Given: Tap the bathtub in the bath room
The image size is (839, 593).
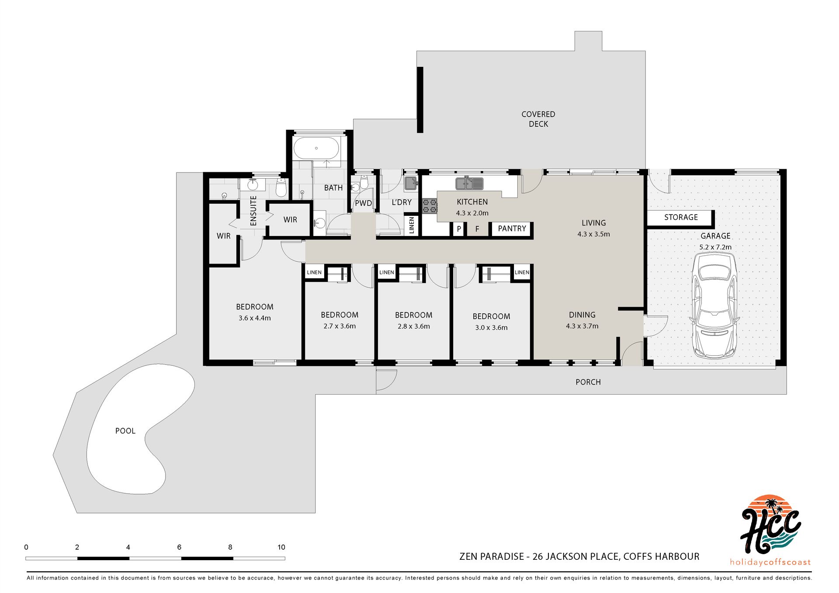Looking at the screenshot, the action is (x=316, y=149).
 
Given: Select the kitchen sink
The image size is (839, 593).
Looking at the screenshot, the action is (x=470, y=184).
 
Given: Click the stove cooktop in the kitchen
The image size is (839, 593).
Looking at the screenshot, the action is (x=430, y=206).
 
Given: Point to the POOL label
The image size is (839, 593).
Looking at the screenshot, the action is (x=125, y=431).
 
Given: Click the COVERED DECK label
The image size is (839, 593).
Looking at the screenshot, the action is (x=538, y=119).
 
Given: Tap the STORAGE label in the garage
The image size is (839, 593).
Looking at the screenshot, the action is (x=681, y=217).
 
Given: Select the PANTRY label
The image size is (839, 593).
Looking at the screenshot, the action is (x=512, y=229).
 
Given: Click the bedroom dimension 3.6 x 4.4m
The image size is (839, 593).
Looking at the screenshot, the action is (x=255, y=318).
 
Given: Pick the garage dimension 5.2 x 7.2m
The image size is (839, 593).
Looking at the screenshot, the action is (x=715, y=247).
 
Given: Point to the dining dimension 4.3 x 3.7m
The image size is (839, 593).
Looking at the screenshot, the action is (x=582, y=326).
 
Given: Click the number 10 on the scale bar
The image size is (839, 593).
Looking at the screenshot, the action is (x=281, y=547).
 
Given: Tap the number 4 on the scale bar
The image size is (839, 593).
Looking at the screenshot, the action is (x=128, y=547).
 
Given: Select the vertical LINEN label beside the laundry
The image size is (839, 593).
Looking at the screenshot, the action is (x=412, y=225).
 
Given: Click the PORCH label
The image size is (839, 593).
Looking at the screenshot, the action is (x=588, y=382).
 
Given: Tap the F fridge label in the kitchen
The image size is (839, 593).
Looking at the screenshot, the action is (x=477, y=229).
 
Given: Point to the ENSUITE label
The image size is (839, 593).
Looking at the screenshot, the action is (x=253, y=211).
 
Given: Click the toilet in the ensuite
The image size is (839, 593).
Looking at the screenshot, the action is (x=281, y=188).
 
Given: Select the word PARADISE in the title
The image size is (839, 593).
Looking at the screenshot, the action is (x=502, y=556).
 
